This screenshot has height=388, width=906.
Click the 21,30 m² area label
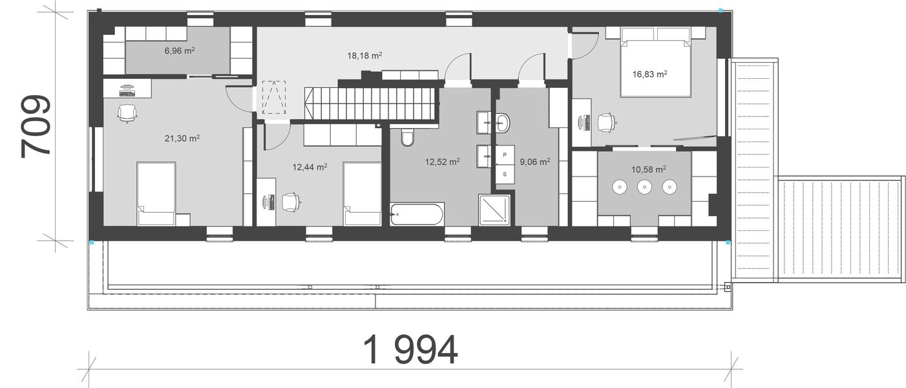click(182, 138)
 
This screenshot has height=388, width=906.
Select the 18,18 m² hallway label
click(364, 56)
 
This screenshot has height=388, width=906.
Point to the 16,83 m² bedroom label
click(649, 74)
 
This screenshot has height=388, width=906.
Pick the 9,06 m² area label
click(534, 162)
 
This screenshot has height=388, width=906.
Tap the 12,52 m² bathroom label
click(442, 162)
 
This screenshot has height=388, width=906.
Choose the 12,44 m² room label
click(310, 167)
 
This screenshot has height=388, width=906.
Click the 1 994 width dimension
click(410, 350)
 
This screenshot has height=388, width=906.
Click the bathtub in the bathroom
click(417, 214)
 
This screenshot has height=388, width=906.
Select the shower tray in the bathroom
click(495, 210)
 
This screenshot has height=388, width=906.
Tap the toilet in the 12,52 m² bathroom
click(406, 138)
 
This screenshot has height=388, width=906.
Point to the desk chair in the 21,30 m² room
click(127, 113)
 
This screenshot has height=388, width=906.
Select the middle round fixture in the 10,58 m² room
click(644, 188)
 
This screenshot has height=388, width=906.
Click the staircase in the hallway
click(372, 103)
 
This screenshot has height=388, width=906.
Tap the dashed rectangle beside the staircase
click(274, 98)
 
